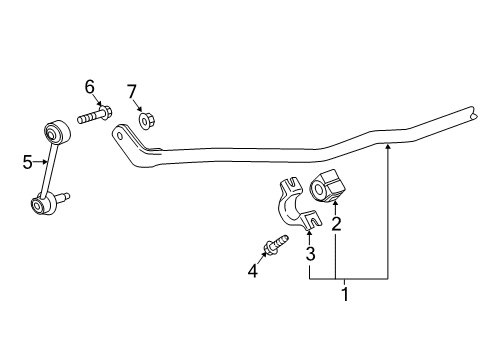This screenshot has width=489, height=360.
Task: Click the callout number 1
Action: point(345,294)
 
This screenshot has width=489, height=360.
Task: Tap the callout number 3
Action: point(311,254)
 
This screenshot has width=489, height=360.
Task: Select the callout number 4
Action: point(253,269)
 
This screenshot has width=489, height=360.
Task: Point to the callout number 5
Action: point(27,159)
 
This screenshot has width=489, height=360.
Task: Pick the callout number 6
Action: point(90,87)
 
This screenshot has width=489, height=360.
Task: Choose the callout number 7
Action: point(131,93)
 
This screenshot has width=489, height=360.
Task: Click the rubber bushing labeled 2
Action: point(329,187)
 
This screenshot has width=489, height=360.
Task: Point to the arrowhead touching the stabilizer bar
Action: point(388,147)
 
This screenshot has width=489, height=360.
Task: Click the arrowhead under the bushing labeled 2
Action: point(336,205)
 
